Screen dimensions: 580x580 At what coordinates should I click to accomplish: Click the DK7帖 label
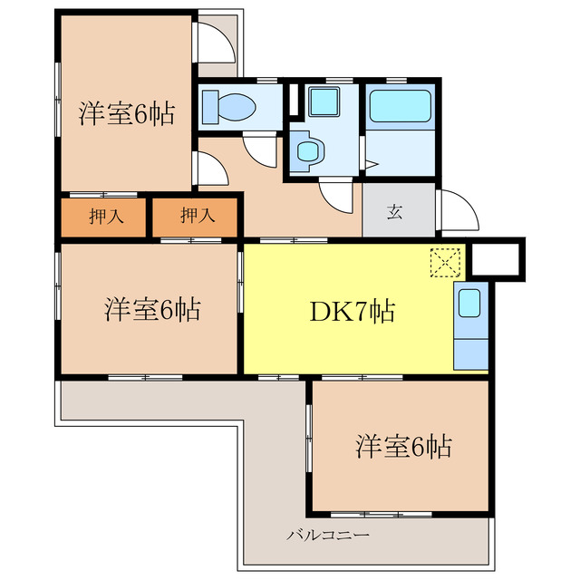[353, 312]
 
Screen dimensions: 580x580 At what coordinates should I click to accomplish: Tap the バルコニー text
[327, 536]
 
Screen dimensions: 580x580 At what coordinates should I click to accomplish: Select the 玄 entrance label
[395, 213]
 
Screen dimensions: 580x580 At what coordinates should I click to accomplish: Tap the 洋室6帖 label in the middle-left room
[151, 310]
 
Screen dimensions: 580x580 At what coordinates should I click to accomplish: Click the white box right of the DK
[497, 257]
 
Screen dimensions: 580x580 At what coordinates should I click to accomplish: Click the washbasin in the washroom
[308, 151]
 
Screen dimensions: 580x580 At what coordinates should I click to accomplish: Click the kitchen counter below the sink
[469, 351]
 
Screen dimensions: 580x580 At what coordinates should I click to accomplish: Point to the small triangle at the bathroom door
[372, 165]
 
